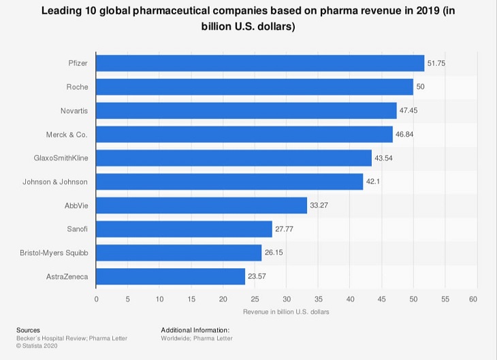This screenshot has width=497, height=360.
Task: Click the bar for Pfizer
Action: tap(259, 63)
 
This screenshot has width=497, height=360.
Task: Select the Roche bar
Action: tap(254, 87)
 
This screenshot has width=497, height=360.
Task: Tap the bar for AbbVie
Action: tap(201, 206)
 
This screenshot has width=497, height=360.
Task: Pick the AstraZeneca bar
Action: tap(170, 276)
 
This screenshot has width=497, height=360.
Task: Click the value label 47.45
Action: tap(408, 111)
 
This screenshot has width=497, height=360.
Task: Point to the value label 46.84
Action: tap(404, 135)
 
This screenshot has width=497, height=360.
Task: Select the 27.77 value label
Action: tap(284, 229)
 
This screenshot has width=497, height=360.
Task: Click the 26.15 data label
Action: tap(274, 253)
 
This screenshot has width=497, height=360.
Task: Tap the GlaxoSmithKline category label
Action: tap(61, 158)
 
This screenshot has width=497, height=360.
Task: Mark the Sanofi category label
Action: tap(76, 229)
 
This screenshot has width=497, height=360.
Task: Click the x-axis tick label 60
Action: tap(473, 299)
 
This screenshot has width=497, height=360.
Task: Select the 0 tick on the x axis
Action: tap(96, 299)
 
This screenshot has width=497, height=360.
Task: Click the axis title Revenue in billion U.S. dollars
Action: tap(286, 312)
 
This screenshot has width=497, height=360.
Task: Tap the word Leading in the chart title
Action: tap(63, 11)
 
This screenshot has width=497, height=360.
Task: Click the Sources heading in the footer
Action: tap(28, 330)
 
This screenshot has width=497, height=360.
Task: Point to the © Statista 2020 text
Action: tap(38, 346)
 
